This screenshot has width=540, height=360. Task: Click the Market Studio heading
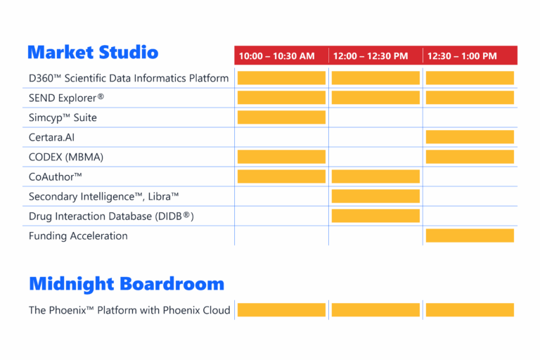[93, 52]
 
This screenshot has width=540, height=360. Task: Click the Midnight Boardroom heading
[127, 284]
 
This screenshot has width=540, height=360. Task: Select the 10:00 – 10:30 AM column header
[276, 56]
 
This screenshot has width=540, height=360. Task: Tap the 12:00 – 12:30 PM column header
[371, 56]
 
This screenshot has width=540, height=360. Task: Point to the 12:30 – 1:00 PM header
[462, 56]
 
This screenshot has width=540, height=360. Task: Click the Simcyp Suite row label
[63, 118]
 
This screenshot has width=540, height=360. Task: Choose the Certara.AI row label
[51, 137]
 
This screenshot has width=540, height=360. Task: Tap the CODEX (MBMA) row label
[66, 157]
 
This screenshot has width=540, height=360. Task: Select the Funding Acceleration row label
[78, 236]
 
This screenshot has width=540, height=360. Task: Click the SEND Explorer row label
[67, 98]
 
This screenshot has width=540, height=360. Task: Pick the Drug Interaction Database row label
[111, 217]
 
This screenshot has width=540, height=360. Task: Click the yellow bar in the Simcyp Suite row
[281, 117]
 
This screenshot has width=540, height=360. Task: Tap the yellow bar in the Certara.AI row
[470, 137]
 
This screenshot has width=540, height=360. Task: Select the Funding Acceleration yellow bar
[470, 236]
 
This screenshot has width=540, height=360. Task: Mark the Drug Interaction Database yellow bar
[375, 216]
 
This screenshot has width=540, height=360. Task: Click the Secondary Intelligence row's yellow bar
[375, 196]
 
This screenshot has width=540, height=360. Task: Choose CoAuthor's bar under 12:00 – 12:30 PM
[375, 176]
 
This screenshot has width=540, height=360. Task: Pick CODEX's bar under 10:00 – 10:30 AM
[281, 157]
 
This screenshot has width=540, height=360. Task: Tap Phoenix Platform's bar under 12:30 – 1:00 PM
[470, 309]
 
